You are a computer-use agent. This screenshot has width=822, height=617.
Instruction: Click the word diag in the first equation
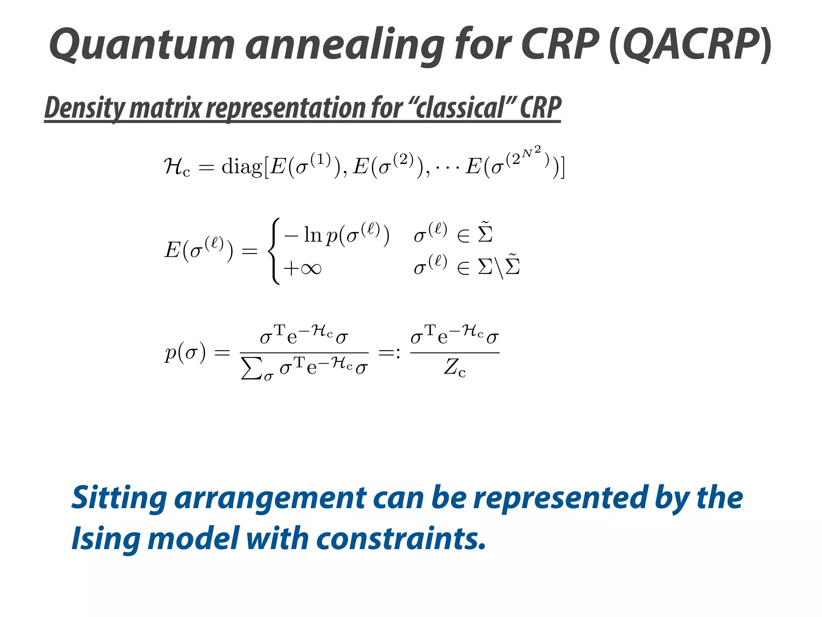[242, 166]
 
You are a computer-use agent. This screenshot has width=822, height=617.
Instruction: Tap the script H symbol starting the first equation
[174, 166]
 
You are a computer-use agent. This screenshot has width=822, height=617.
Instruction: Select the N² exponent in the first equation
[531, 152]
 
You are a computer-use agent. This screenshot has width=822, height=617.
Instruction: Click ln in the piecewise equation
[313, 235]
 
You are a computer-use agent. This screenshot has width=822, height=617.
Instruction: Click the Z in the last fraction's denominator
[452, 367]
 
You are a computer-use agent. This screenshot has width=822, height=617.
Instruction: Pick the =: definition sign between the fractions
[389, 353]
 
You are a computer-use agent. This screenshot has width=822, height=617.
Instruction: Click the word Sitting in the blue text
[119, 498]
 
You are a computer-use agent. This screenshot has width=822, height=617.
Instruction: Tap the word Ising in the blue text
[106, 538]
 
